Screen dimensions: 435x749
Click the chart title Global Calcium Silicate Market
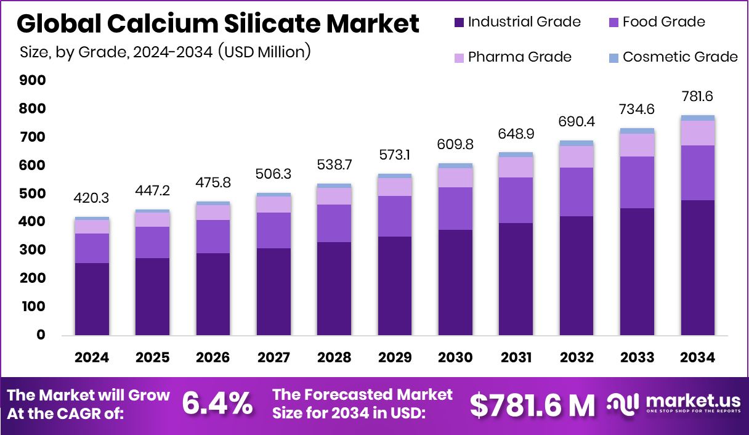(x=218, y=24)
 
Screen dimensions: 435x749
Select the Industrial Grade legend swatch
(x=459, y=23)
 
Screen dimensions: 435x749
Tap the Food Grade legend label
(x=663, y=22)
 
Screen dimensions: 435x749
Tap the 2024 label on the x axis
(x=92, y=358)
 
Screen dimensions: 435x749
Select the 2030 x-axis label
(x=455, y=358)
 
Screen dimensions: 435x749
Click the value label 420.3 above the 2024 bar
(x=92, y=199)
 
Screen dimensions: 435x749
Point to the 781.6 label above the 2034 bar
(x=697, y=97)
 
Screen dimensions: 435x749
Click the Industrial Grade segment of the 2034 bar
(x=697, y=267)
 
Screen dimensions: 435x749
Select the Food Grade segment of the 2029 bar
(x=395, y=216)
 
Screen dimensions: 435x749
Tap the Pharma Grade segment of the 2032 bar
(x=577, y=157)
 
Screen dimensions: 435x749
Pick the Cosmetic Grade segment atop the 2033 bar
(x=637, y=131)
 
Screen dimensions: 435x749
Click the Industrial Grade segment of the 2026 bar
(x=213, y=294)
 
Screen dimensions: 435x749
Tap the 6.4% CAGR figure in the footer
(x=217, y=404)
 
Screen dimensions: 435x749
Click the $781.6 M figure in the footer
(x=532, y=405)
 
